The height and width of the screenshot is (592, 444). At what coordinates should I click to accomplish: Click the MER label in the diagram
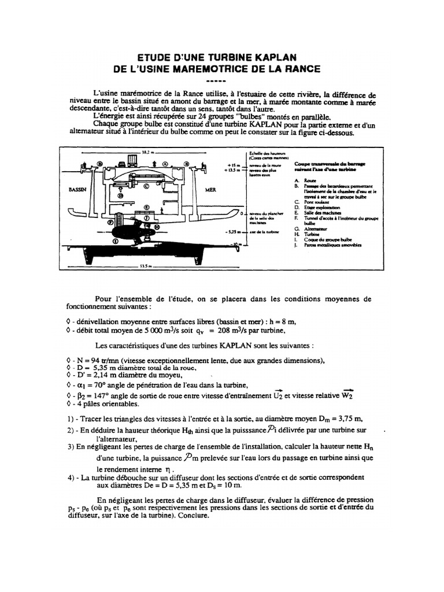pos(210,190)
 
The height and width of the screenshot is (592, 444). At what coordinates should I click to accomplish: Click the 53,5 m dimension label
pos(146,267)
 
